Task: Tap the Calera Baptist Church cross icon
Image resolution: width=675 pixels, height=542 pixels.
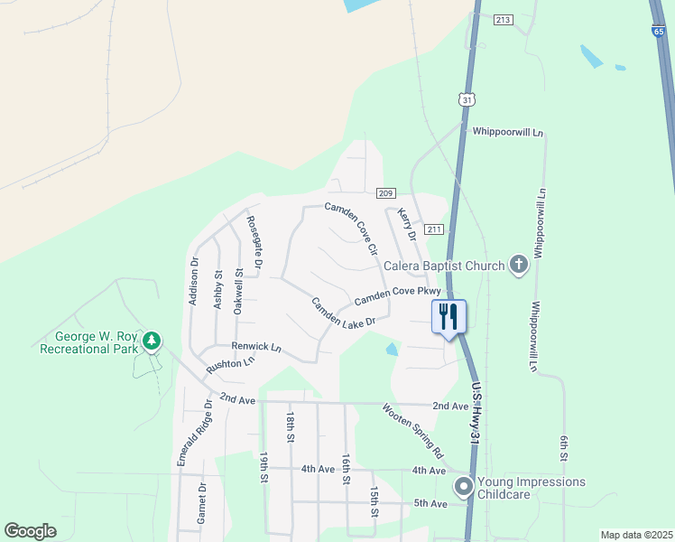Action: (518, 265)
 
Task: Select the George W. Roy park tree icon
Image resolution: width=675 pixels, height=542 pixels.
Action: (153, 341)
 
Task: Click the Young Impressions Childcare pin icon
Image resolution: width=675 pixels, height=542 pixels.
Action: (464, 488)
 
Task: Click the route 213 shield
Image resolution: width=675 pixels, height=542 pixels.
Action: (504, 19)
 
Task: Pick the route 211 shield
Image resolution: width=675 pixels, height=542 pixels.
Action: (434, 229)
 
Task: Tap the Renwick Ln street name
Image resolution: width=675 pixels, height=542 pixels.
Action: (256, 347)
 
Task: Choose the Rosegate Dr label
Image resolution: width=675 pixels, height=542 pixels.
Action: (254, 243)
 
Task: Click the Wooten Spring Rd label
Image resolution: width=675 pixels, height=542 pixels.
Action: (412, 430)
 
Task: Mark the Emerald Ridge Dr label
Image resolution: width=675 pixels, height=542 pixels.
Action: (194, 434)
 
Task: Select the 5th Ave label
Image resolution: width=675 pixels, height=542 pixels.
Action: (430, 503)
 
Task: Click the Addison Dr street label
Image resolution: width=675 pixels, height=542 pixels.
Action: (193, 281)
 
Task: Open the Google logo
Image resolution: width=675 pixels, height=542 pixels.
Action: (31, 531)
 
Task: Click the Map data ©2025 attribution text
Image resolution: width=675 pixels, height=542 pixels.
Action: (635, 535)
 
